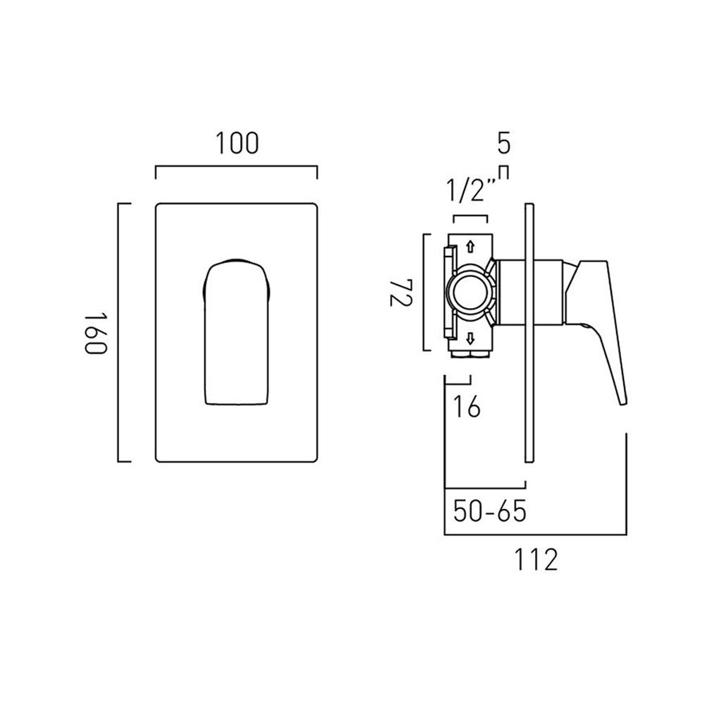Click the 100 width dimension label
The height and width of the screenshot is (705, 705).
coord(237,143)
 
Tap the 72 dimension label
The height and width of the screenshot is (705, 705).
coord(398,292)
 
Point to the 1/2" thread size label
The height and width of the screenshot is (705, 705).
coord(470,191)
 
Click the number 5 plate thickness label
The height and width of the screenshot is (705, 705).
coord(503,144)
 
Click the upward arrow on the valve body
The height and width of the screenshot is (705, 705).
coord(470,247)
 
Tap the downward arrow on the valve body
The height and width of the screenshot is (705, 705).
coord(470,336)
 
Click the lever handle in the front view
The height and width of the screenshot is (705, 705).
coord(237,331)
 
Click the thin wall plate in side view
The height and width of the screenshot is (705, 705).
coord(529,331)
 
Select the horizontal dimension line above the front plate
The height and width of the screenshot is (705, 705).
coord(236,168)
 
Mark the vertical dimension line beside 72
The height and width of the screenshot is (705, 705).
coord(424,292)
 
